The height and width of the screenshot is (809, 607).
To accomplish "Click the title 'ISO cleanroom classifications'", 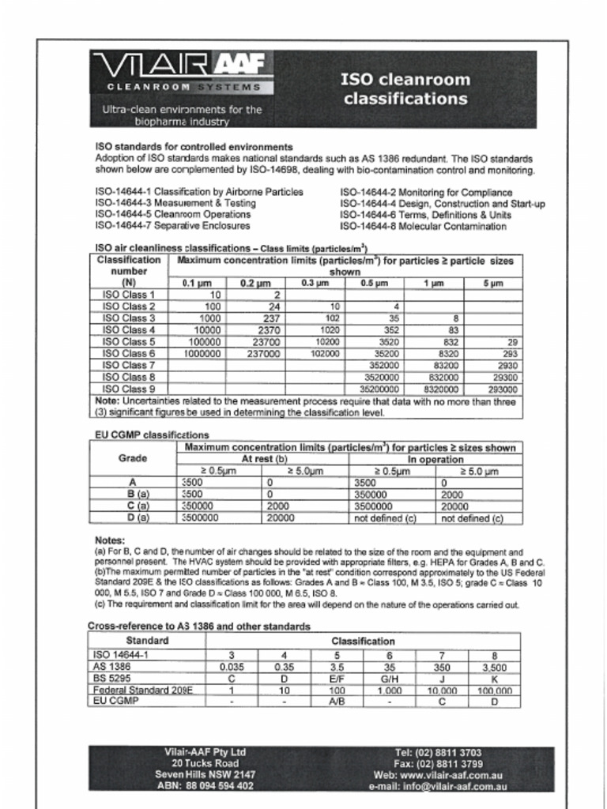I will (x=405, y=89).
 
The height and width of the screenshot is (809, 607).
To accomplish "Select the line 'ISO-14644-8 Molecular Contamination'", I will (x=423, y=227).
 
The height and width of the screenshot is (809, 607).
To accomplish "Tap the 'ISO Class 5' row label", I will (x=129, y=342).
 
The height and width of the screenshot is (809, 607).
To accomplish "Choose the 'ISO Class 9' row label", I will (x=129, y=389).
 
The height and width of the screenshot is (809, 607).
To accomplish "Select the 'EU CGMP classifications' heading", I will (x=152, y=435).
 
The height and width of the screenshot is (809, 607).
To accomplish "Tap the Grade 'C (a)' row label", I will (x=133, y=506).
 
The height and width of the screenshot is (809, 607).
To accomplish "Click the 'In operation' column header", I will (x=435, y=460).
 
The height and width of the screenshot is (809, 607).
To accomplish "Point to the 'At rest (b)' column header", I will (x=264, y=460).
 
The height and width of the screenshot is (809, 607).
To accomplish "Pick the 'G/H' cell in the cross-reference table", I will (x=389, y=678).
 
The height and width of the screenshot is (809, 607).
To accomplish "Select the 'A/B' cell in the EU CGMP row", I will (x=337, y=702).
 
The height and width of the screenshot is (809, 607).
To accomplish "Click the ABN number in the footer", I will (x=205, y=786).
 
